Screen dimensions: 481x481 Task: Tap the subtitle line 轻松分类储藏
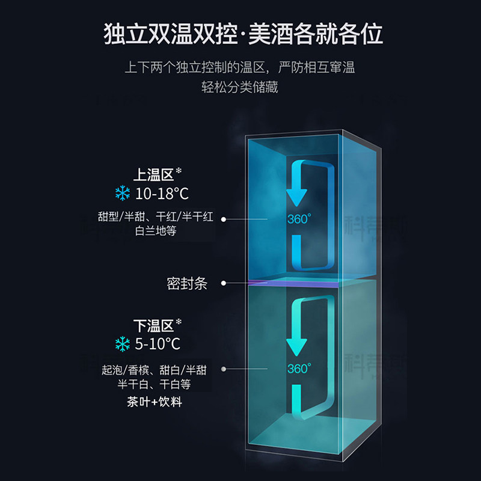point(240,87)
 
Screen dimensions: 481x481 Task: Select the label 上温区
point(153,176)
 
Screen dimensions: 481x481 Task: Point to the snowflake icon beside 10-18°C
point(123,194)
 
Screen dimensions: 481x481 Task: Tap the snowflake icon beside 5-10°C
point(123,344)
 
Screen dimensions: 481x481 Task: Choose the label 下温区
point(153,326)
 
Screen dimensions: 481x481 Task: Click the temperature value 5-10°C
point(158,344)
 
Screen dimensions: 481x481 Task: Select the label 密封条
point(187,283)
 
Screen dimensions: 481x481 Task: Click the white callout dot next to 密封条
point(224,283)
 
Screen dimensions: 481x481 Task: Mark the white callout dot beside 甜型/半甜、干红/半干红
point(224,219)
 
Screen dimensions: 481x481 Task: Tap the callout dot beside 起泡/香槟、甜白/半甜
point(224,370)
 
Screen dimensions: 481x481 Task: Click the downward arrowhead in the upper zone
point(296,196)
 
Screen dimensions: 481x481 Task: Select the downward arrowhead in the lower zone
point(296,346)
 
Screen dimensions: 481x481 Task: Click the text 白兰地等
point(156,231)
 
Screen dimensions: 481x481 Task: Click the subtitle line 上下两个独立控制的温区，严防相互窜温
point(240,67)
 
